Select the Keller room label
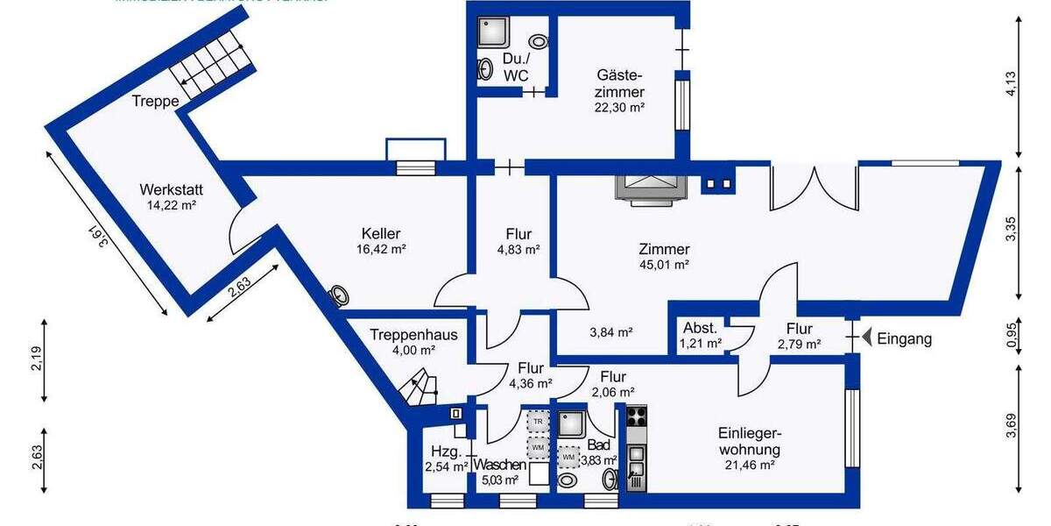coord(381,234)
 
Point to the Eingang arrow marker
coord(867,338)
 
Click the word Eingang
coord(905,338)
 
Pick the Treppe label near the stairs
coord(155,102)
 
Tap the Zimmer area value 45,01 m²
coord(664,264)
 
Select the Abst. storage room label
coord(701,328)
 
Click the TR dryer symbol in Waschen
coord(538,422)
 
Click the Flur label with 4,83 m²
coord(518,234)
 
